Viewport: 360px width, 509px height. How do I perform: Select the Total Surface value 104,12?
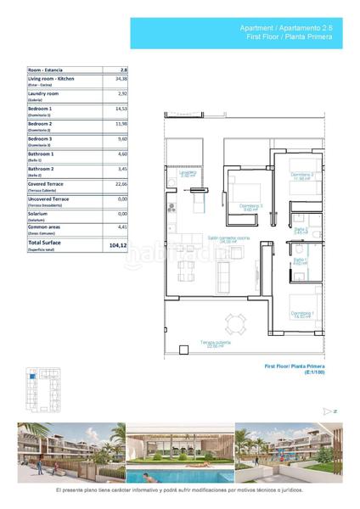[x=120, y=244]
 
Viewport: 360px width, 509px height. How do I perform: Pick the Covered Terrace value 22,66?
[x=121, y=183]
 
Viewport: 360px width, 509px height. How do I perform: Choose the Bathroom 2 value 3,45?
[x=122, y=169]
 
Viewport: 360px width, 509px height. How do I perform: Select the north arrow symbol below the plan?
[x=328, y=411]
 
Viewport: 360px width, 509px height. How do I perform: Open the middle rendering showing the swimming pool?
[x=179, y=454]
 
